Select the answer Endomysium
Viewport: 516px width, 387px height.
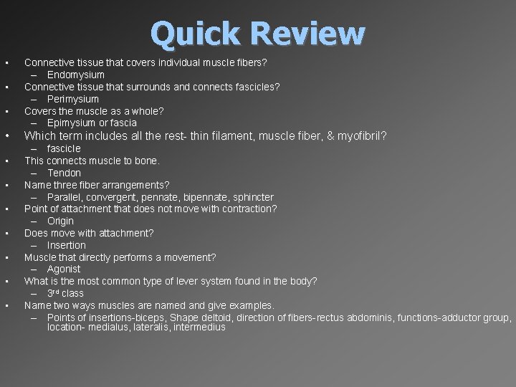pos(76,75)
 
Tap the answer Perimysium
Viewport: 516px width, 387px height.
pos(73,99)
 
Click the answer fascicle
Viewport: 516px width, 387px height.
pos(64,148)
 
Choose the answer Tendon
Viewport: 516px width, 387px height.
pos(64,173)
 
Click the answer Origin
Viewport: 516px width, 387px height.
pos(61,221)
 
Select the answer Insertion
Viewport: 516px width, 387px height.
pos(67,245)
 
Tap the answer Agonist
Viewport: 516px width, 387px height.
pos(64,269)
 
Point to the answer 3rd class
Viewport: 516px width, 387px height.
pos(65,293)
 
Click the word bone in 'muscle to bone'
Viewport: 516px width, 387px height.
pos(148,161)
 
